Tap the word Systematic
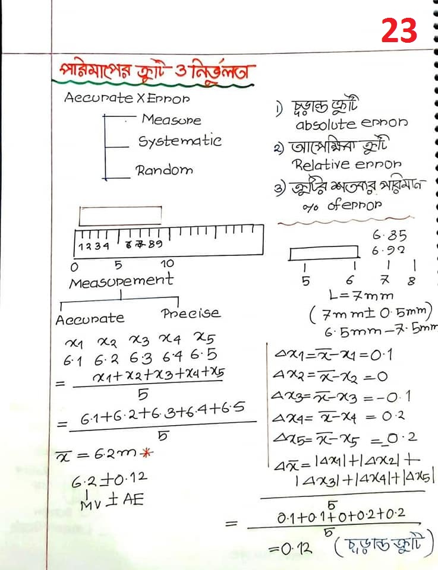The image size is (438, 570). (179, 142)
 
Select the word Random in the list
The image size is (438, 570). (165, 170)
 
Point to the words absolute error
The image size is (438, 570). (351, 124)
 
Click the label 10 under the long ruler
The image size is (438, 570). (167, 263)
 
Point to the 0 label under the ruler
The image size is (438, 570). (74, 265)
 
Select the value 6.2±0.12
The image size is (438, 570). (109, 479)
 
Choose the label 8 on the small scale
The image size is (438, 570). (411, 281)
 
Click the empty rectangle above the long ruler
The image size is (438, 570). (120, 216)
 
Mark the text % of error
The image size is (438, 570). (339, 205)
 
